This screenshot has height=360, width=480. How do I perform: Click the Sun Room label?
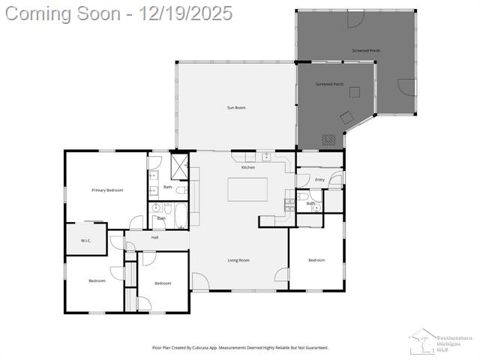(x=236, y=108)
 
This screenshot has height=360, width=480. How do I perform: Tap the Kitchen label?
(x=248, y=167)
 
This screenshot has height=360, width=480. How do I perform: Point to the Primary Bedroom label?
(x=107, y=190)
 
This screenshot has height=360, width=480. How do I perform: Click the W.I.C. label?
(x=86, y=241)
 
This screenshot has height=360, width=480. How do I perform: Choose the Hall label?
(x=154, y=238)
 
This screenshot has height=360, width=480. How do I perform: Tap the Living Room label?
(x=238, y=260)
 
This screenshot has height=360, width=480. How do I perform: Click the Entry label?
(x=319, y=180)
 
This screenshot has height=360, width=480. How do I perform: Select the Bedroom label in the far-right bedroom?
(x=316, y=260)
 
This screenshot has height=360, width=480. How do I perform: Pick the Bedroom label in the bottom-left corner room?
(x=97, y=281)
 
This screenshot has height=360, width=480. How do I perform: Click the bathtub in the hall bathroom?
(x=181, y=217)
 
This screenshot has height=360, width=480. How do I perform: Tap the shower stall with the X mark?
(x=180, y=163)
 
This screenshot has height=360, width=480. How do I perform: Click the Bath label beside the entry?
(x=310, y=203)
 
